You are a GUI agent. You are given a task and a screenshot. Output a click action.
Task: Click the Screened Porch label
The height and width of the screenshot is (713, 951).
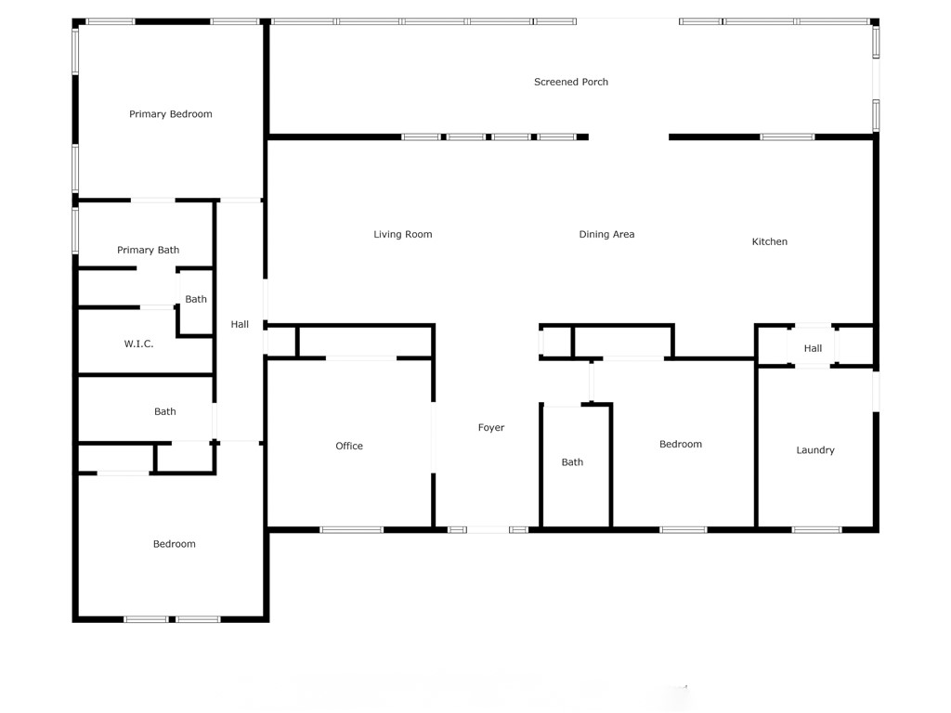tap(571, 82)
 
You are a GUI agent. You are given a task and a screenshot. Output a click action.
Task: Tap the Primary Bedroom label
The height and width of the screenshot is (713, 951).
tap(171, 114)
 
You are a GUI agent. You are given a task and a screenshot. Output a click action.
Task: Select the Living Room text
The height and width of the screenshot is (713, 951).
tap(403, 235)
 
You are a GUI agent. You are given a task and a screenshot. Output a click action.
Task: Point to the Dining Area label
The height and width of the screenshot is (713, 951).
tap(606, 235)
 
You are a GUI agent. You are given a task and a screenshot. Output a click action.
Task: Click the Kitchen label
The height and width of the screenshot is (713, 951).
tap(769, 242)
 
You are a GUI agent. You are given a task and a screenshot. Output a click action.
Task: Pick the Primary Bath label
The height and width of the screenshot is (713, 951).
tap(149, 250)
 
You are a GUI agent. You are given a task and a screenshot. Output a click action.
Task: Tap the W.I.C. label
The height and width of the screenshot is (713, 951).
tap(138, 344)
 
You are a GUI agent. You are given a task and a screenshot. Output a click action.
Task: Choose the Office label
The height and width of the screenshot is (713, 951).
tap(349, 447)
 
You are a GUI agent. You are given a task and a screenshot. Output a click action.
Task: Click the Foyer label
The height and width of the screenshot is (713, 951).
tap(491, 428)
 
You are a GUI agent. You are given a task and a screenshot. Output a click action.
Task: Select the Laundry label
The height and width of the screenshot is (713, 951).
tap(815, 450)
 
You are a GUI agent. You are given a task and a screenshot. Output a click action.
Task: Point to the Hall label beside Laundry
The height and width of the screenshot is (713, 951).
tap(813, 349)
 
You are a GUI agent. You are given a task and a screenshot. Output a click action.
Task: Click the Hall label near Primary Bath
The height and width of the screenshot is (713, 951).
tap(240, 324)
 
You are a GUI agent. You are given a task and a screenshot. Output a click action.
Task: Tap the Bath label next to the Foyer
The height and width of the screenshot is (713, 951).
tap(572, 462)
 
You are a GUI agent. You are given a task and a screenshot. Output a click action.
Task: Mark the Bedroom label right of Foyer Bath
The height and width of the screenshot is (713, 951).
tap(681, 445)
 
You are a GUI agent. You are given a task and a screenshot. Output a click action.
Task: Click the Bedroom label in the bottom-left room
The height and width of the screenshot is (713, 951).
tap(175, 544)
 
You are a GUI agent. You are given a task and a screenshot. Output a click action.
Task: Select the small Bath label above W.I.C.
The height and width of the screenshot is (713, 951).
tap(196, 299)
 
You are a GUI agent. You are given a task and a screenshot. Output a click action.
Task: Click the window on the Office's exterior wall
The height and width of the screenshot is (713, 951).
tap(352, 530)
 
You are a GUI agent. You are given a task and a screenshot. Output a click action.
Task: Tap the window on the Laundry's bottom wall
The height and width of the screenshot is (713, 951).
tap(817, 530)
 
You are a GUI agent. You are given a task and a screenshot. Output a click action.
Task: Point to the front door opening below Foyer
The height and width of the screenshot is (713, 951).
tap(488, 530)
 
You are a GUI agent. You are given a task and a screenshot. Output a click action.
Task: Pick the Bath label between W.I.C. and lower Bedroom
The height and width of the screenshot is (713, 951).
tap(165, 412)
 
